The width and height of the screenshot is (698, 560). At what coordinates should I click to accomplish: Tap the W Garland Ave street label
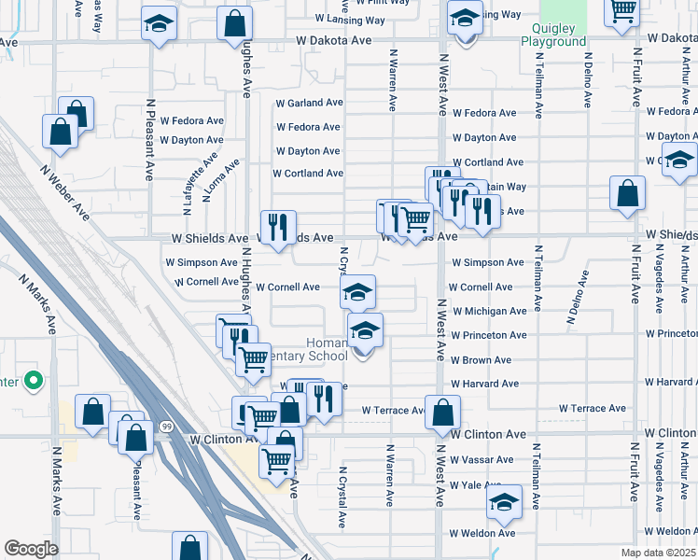tap(310, 103)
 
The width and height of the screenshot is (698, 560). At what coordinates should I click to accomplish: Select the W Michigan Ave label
tap(490, 311)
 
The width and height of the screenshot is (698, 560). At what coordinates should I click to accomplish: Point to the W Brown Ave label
tap(483, 359)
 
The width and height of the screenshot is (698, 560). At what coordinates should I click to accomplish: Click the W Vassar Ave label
tap(482, 459)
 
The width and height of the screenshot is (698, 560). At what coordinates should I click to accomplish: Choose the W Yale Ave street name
tap(476, 485)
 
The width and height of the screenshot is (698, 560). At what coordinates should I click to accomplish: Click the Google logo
tap(31, 549)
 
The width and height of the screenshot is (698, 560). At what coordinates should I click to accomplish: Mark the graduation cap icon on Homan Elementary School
tap(366, 329)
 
